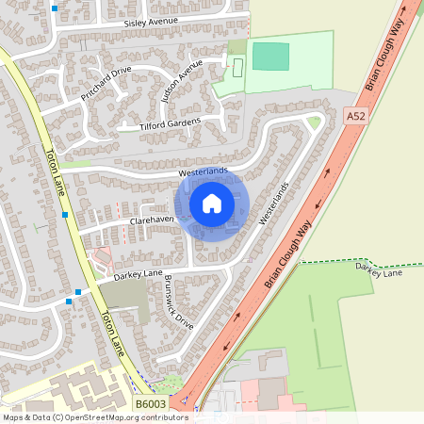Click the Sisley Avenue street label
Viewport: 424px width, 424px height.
[151, 21]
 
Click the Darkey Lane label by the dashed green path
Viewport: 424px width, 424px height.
[378, 270]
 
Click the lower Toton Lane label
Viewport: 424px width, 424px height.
[111, 334]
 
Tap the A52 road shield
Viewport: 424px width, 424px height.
[355, 116]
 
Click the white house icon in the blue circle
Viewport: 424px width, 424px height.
[212, 203]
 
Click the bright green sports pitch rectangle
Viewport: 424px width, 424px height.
[271, 57]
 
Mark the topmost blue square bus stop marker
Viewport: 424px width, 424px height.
[55, 8]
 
